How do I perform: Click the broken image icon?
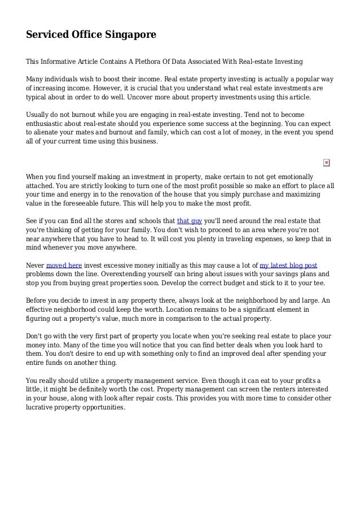click(326, 163)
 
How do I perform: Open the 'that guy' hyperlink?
click(190, 221)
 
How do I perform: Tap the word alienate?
click(51, 132)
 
